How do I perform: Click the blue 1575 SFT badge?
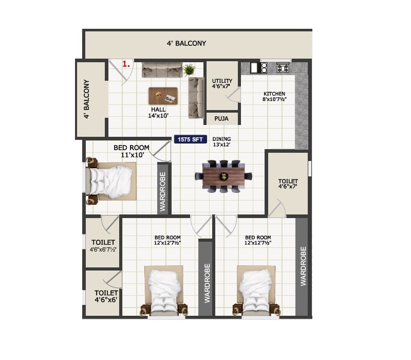(x=191, y=139)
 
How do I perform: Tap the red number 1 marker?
(x=125, y=64)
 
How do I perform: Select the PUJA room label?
(x=222, y=118)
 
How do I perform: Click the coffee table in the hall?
(x=164, y=96)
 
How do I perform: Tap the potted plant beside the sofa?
(x=189, y=69)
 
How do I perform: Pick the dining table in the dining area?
(x=223, y=176)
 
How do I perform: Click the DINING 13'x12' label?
(x=221, y=142)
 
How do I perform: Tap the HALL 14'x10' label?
(x=158, y=113)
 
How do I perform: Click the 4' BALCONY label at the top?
(x=186, y=43)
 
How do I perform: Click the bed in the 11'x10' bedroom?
(x=110, y=182)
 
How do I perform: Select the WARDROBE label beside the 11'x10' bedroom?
(x=163, y=188)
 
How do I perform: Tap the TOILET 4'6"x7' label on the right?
(x=288, y=185)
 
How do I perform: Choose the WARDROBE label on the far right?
(x=303, y=266)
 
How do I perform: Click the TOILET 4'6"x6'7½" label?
(x=103, y=245)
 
